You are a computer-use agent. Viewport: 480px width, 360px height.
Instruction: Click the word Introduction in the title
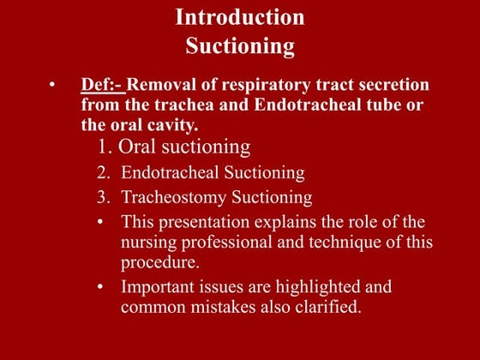pos(239,16)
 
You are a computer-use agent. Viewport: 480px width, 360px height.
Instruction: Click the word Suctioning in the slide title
pos(239,45)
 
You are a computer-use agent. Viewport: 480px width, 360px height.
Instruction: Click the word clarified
pos(326,306)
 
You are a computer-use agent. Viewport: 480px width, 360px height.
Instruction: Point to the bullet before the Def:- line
pos(52,86)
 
